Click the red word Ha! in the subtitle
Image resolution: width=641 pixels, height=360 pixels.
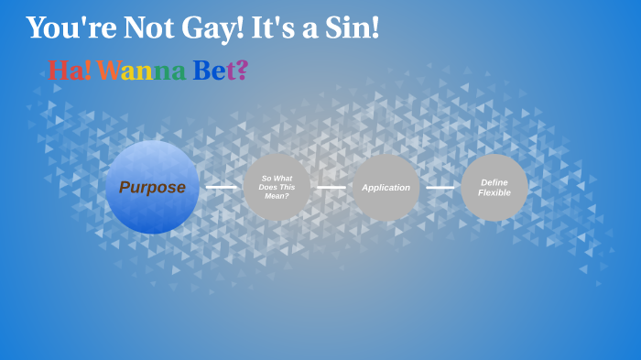pos(70,70)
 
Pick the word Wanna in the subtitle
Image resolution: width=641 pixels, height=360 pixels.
pos(141,70)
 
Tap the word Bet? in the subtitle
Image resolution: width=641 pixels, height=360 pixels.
pos(220,70)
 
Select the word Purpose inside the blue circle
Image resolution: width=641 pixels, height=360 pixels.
pos(152,188)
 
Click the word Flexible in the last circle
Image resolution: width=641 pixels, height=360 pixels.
pos(494,193)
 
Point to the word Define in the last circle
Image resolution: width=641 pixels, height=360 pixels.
pos(494,182)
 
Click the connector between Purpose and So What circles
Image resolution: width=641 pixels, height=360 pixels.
pos(221,187)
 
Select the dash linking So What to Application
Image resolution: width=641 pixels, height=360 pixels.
pos(331,187)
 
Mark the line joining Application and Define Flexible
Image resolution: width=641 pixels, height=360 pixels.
pos(440,187)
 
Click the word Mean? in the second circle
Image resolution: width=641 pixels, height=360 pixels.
pos(277,195)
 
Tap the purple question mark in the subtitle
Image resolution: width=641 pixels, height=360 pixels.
pos(242,70)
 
